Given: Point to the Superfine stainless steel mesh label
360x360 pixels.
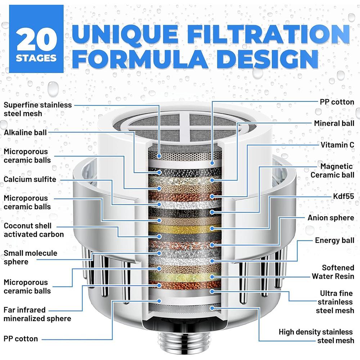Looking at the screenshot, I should pos(38,109).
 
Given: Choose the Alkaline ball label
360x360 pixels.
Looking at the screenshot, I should pos(25,132).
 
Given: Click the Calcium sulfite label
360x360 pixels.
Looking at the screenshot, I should pos(30,179).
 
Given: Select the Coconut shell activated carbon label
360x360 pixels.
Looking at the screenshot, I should pos(33,230).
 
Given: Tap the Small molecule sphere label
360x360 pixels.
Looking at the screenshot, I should pos(30,257).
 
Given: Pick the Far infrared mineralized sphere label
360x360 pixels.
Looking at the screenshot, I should pos(37,314).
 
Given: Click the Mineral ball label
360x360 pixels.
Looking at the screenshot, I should pos(334,123).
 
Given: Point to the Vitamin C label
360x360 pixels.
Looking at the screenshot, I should pos(337,144).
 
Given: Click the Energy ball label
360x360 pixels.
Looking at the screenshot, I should pos(334,240).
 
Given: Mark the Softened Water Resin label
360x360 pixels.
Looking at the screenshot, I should pos(333,272).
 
